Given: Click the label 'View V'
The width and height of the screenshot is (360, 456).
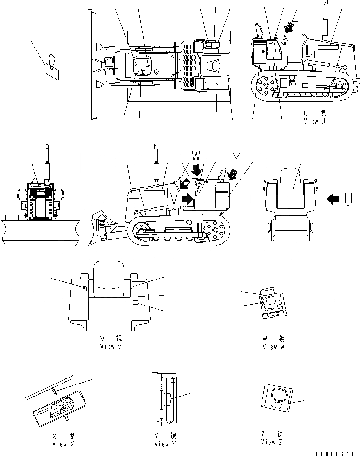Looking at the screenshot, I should [111, 347].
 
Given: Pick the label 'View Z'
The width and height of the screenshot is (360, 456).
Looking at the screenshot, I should [272, 442].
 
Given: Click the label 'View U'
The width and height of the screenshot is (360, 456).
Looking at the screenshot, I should [317, 121].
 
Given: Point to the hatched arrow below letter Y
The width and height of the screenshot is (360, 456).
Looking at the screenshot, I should [232, 174].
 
